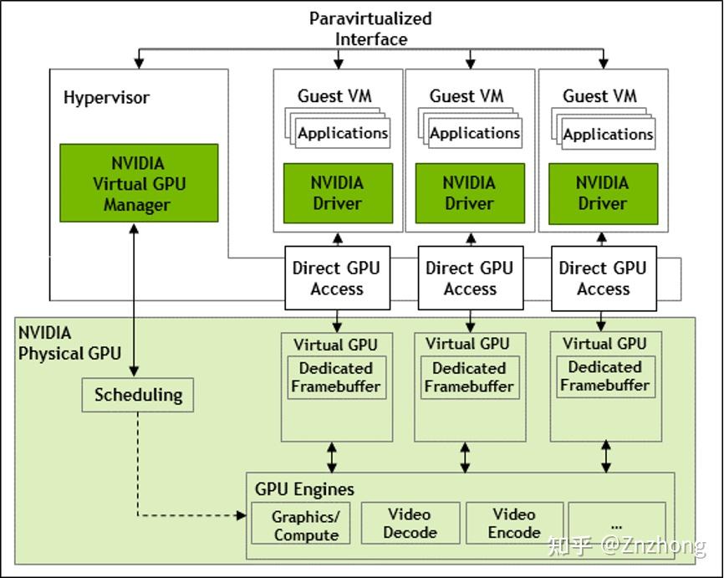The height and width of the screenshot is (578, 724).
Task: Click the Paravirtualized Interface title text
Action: [x=370, y=28]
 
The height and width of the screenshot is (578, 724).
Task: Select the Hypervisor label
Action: [x=106, y=97]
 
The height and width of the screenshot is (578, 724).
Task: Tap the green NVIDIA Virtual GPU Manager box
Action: [x=138, y=183]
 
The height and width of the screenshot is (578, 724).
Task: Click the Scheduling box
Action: [x=138, y=395]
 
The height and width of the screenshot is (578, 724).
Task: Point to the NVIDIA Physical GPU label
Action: [x=64, y=343]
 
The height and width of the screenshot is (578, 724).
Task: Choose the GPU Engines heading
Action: [x=304, y=489]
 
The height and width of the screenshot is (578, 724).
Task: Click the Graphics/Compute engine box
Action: [x=305, y=525]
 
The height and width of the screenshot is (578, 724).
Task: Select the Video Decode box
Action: [x=410, y=523]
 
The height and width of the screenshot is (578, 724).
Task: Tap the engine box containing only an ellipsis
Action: [x=617, y=523]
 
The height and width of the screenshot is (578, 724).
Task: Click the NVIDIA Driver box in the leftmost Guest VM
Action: [x=337, y=192]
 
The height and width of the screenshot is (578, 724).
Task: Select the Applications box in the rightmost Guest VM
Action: [x=608, y=134]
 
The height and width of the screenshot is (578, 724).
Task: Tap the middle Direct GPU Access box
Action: [x=470, y=279]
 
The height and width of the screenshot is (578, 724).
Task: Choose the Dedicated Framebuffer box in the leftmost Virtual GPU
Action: [x=336, y=377]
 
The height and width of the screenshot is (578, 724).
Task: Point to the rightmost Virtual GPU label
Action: [x=604, y=344]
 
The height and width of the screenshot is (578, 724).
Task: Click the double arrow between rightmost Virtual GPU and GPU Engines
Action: [x=605, y=457]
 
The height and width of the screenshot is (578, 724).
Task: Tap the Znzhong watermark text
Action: [x=627, y=546]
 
